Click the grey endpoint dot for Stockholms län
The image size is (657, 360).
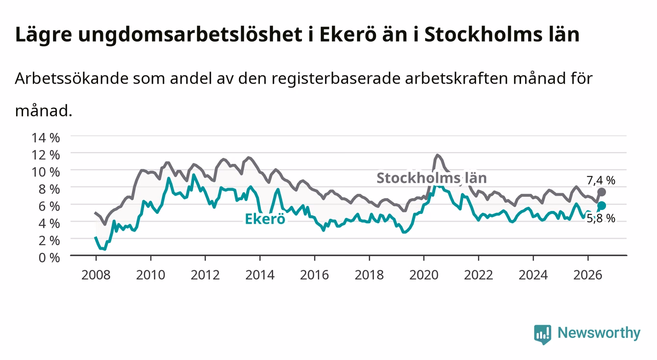tap(601, 192)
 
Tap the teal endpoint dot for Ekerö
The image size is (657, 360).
tap(601, 206)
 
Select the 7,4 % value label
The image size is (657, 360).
tap(601, 180)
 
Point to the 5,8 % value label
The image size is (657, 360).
tap(601, 218)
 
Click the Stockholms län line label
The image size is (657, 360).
tap(431, 178)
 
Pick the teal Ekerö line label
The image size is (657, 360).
tap(265, 219)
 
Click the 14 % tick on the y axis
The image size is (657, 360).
tap(46, 138)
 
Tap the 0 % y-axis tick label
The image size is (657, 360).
tap(49, 257)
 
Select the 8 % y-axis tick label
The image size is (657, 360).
tap(49, 189)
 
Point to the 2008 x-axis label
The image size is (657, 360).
tap(96, 275)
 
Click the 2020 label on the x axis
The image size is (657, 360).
tap(424, 275)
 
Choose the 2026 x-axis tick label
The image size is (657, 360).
tap(588, 275)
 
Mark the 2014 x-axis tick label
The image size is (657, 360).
tap(260, 275)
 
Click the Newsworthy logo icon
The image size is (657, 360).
tap(543, 334)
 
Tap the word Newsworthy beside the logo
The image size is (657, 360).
tap(599, 333)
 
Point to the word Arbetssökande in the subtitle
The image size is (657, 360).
tap(72, 78)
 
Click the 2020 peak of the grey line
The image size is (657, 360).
tap(437, 155)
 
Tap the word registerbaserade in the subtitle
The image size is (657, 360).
tap(336, 79)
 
